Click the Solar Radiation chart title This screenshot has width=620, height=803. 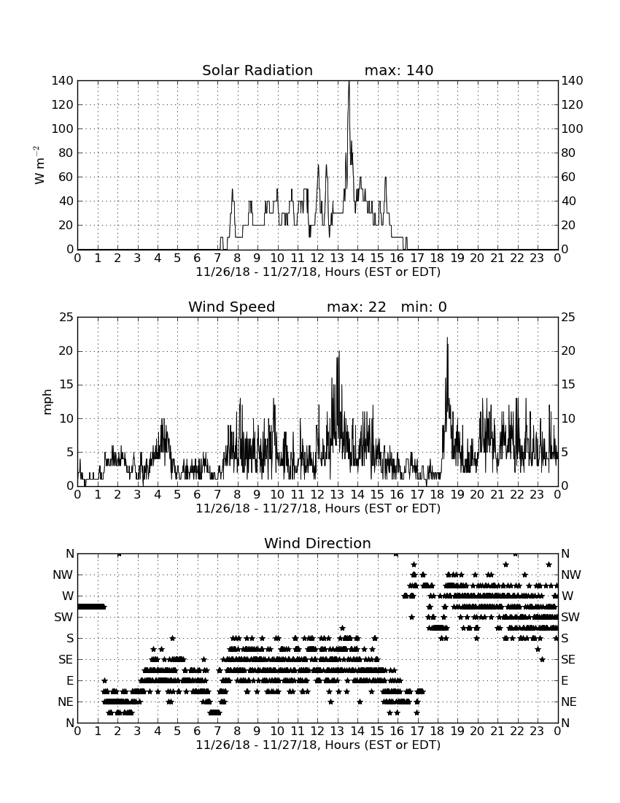point(257,70)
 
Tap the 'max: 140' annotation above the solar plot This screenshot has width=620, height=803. point(399,70)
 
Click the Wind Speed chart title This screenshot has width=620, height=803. point(232,307)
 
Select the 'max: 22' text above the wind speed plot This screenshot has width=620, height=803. point(357,307)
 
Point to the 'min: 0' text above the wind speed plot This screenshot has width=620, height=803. point(424,307)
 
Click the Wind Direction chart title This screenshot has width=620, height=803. point(318,543)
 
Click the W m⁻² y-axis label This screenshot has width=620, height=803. point(39,165)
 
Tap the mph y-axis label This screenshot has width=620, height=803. point(47,401)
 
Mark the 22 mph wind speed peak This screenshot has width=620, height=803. point(447,338)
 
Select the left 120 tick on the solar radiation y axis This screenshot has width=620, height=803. point(63,105)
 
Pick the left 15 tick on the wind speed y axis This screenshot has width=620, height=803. point(66,385)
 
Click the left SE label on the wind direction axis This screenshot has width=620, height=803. point(66,660)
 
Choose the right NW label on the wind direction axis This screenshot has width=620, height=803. point(571,575)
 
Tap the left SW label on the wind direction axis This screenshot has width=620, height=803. point(63,618)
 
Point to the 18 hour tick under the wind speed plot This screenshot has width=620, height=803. point(438,495)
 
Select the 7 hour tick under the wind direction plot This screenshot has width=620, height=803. point(217,731)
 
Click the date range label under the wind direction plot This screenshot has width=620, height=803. point(318,745)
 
